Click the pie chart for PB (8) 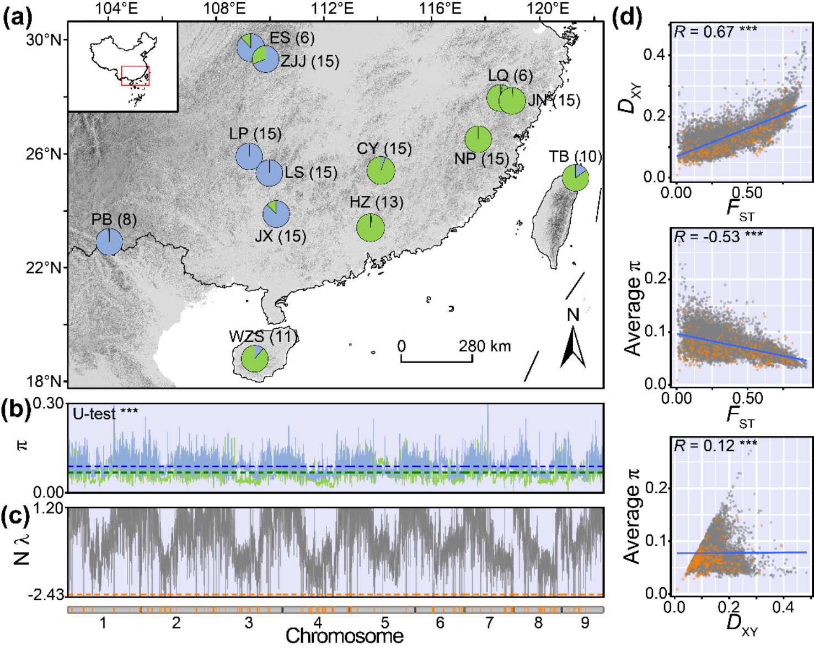click(x=109, y=242)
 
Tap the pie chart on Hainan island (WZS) click(x=255, y=359)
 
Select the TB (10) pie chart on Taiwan click(x=575, y=178)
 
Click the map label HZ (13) click(x=376, y=203)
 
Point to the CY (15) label click(x=384, y=149)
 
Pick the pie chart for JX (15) click(x=276, y=214)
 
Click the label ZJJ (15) click(x=309, y=61)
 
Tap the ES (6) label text click(x=292, y=38)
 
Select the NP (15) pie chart click(x=478, y=139)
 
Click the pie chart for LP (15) click(x=249, y=157)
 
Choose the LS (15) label click(x=310, y=173)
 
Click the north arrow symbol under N click(x=573, y=348)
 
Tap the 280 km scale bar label click(x=485, y=347)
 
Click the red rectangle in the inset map click(x=135, y=76)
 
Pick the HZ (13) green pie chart click(x=370, y=228)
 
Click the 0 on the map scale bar click(x=401, y=347)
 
